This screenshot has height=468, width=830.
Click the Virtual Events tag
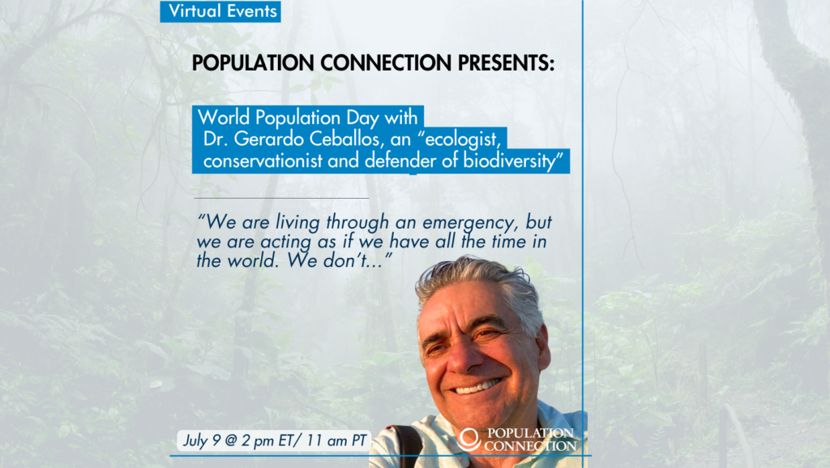(220, 11)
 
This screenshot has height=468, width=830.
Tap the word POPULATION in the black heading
(253, 63)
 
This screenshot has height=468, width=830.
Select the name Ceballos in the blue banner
(344, 139)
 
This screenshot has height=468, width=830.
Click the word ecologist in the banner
(461, 140)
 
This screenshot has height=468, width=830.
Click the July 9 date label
(201, 440)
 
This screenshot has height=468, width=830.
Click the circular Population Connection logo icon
(469, 439)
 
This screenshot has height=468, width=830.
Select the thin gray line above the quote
(281, 198)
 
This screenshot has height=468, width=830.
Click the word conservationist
(263, 161)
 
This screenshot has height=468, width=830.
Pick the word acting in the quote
(286, 243)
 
